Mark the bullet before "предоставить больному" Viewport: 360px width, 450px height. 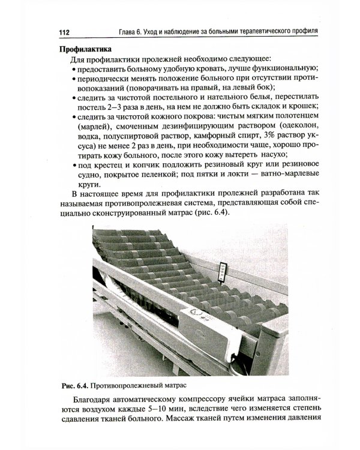[x=73, y=70]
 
